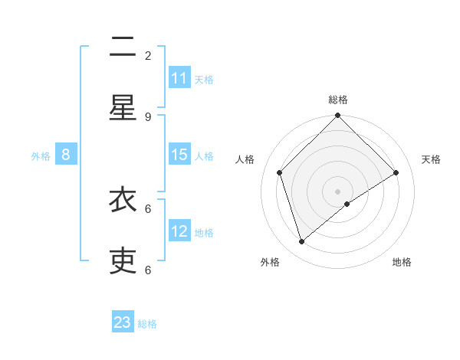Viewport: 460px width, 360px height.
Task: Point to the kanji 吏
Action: [x=123, y=260]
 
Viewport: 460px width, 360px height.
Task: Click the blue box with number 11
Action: [x=179, y=78]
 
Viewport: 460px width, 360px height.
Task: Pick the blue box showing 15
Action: [x=179, y=155]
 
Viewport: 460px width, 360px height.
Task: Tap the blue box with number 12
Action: [x=179, y=231]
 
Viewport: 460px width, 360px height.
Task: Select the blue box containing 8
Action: [x=66, y=155]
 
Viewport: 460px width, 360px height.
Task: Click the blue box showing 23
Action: [x=123, y=322]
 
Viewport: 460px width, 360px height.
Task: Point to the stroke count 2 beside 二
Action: [x=148, y=55]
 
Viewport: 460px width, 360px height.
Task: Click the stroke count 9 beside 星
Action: [x=148, y=116]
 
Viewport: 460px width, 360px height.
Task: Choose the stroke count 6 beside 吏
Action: [x=148, y=270]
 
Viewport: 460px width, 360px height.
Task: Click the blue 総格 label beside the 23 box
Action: [x=147, y=324]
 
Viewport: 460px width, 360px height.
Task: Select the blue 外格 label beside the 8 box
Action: [x=41, y=156]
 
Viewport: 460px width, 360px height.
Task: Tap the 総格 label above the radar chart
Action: [x=338, y=100]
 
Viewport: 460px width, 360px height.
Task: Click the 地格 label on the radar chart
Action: [x=402, y=262]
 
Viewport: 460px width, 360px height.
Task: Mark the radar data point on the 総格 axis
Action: [x=338, y=116]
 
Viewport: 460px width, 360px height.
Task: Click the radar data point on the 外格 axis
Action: [x=302, y=241]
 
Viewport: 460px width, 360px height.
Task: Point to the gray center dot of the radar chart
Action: [x=338, y=191]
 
